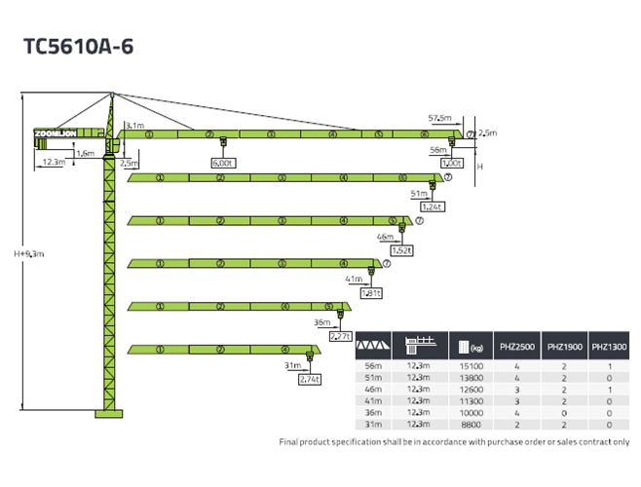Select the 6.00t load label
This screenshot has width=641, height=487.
[223, 163]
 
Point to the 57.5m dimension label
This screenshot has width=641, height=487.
[440, 118]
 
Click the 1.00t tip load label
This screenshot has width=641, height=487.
[451, 164]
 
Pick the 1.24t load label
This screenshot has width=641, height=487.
[432, 206]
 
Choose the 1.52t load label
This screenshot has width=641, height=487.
[401, 250]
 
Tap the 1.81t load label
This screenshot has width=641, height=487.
[371, 293]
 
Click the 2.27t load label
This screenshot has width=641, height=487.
[340, 336]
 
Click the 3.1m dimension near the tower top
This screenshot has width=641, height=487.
[135, 126]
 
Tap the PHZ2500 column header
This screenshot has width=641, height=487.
[518, 346]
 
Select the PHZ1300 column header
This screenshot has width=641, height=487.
[609, 346]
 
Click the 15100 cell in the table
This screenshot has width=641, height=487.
[471, 365]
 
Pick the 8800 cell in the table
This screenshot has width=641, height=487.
[471, 425]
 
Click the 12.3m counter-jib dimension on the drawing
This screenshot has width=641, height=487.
[54, 162]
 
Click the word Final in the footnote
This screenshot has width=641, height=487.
[291, 441]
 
